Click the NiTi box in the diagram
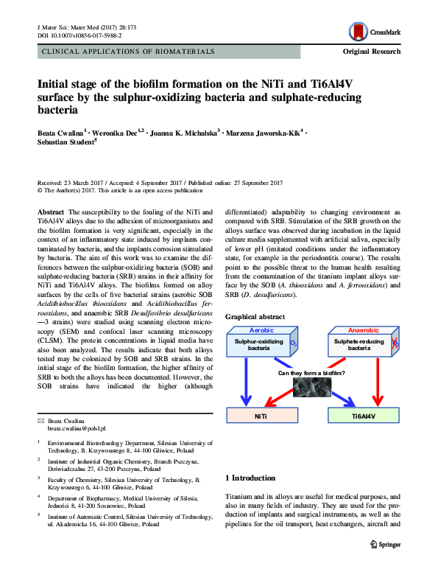[x=260, y=416]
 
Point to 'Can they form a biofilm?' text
[x=311, y=373]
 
